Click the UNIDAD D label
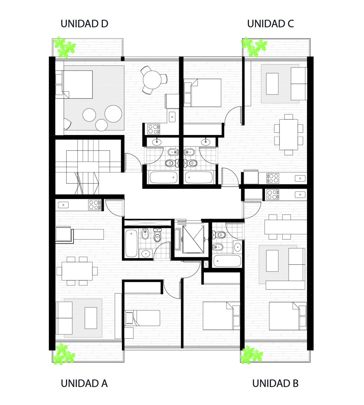click(84, 24)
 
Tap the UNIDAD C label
click(271, 24)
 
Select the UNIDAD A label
click(84, 383)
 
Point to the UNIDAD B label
click(275, 383)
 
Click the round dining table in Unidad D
click(152, 80)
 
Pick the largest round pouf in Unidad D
click(113, 114)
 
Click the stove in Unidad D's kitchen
click(154, 129)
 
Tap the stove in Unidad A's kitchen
click(94, 205)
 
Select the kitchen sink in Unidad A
click(63, 205)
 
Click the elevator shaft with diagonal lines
click(193, 239)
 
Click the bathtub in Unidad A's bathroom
click(131, 243)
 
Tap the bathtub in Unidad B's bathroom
click(227, 261)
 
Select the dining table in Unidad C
click(289, 134)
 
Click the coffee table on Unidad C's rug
click(272, 84)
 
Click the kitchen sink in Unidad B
click(300, 195)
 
